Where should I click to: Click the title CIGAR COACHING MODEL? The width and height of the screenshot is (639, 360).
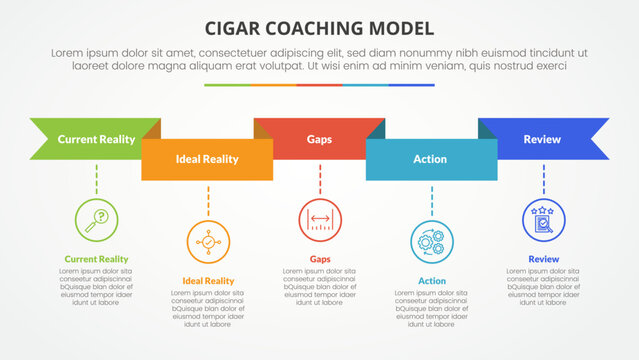pyautogui.click(x=319, y=27)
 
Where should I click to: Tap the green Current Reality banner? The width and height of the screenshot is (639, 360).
pyautogui.click(x=96, y=139)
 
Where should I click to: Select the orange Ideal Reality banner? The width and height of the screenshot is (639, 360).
pyautogui.click(x=207, y=160)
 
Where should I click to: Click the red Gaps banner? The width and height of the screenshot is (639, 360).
pyautogui.click(x=319, y=139)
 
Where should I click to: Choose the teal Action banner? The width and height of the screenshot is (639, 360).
pyautogui.click(x=431, y=160)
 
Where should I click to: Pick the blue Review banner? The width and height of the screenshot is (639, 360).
pyautogui.click(x=543, y=139)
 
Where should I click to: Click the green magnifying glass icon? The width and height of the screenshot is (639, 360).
pyautogui.click(x=96, y=219)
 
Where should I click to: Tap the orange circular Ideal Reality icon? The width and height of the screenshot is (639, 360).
pyautogui.click(x=208, y=241)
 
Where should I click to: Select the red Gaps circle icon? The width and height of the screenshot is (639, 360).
pyautogui.click(x=320, y=219)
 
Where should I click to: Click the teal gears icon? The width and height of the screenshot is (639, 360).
pyautogui.click(x=432, y=241)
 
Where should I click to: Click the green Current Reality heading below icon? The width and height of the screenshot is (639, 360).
pyautogui.click(x=96, y=259)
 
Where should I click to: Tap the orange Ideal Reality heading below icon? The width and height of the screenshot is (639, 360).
pyautogui.click(x=208, y=281)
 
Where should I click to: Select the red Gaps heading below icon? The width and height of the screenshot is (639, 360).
pyautogui.click(x=320, y=259)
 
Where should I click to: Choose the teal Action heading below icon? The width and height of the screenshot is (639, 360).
pyautogui.click(x=432, y=281)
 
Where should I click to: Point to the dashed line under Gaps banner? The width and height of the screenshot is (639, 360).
pyautogui.click(x=320, y=179)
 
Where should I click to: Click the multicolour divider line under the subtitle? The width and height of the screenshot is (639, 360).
pyautogui.click(x=319, y=84)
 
